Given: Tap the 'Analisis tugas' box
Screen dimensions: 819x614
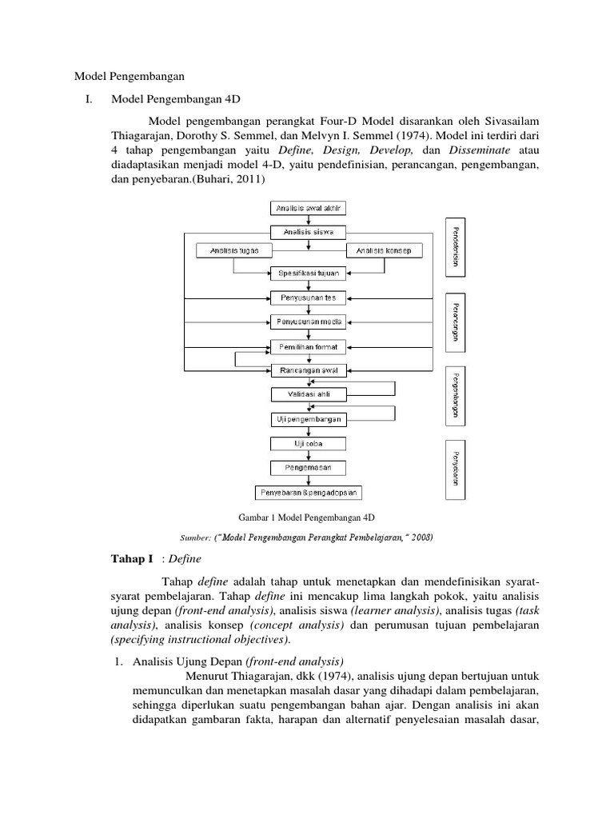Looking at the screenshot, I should point(233,250).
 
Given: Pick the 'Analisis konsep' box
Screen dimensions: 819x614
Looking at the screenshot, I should point(384,250).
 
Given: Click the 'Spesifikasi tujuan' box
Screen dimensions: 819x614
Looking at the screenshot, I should point(308,274).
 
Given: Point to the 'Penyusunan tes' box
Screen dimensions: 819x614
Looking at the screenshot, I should point(308,298).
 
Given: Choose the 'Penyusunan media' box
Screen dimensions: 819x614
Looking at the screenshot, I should point(308,322).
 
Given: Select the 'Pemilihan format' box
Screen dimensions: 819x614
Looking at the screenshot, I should point(308,347).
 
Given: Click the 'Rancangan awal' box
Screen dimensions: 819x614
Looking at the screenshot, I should point(308,370).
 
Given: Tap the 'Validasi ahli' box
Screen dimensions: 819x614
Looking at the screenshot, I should point(308,394).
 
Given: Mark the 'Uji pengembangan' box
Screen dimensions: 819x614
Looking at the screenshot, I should point(308,418).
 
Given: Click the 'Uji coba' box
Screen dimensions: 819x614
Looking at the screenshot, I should point(308,442).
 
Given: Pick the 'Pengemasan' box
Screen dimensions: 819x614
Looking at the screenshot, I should point(308,466).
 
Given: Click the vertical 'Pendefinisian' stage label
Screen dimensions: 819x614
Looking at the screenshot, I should point(455,247).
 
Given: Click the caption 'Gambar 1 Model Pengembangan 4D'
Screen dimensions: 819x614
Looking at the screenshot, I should point(307,517).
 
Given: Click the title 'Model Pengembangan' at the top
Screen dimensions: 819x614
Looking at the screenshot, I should point(130,77).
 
